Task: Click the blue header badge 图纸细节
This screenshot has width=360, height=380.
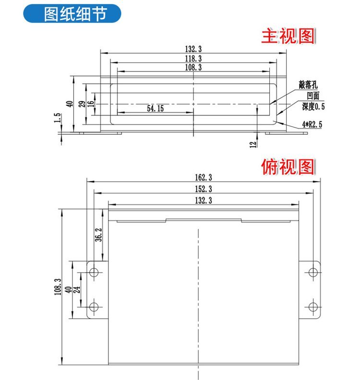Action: pos(73,14)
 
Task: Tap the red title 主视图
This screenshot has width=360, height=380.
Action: pos(288,36)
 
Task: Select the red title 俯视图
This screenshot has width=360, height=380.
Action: pos(288,167)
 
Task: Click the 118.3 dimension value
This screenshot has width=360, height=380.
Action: pos(193,59)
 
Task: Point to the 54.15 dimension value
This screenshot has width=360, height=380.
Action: pos(155,109)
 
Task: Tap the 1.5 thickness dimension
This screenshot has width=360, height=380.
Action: pos(58,118)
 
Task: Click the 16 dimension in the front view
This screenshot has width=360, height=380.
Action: pos(91,103)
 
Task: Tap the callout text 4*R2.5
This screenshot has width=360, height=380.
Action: pos(312,124)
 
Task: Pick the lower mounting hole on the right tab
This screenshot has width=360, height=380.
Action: pos(313,306)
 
